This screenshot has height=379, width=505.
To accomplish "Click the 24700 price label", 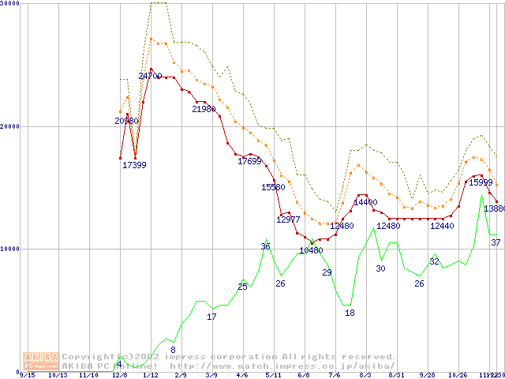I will tap(150, 77).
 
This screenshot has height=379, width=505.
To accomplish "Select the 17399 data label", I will tap(134, 165).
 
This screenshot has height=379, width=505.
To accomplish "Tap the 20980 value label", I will tap(126, 121).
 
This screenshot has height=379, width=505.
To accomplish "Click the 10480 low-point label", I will tap(311, 251).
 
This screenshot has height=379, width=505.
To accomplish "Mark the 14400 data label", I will tap(365, 203).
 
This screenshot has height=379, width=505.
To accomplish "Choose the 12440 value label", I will tap(442, 227).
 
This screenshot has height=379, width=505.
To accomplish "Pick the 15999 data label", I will tap(481, 183).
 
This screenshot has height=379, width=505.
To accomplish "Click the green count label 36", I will tap(265, 247).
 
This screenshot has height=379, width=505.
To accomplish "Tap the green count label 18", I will tap(350, 313).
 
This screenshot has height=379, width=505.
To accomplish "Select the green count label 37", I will tap(496, 242).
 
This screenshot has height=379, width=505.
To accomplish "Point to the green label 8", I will tap(173, 350).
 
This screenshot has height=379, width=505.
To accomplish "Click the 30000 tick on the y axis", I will tap(9, 4).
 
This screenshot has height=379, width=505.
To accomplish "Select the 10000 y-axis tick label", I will tap(9, 249).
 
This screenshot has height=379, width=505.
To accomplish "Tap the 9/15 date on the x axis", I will tap(28, 375).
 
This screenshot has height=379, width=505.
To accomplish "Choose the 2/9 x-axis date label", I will tap(181, 375).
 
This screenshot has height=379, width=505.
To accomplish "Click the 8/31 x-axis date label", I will tap(396, 375).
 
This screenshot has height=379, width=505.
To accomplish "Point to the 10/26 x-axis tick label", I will tap(458, 375).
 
